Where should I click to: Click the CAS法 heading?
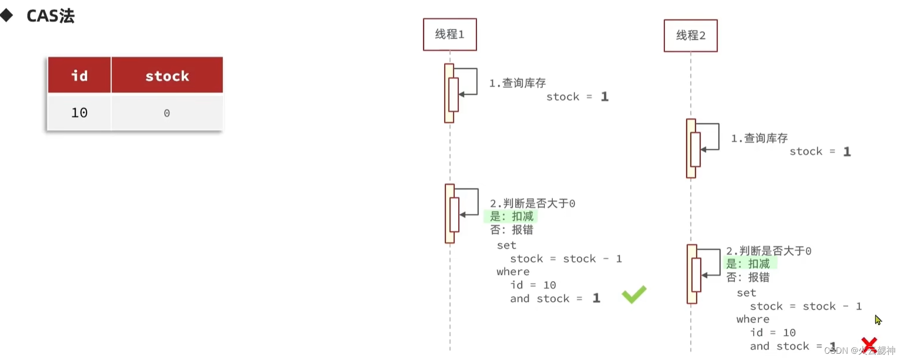point(50,16)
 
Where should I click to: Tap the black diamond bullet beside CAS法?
point(6,15)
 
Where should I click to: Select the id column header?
point(79,76)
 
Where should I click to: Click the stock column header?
point(167,76)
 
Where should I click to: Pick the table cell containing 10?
point(79,113)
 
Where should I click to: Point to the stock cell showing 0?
point(167,113)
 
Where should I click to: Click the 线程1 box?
point(449,34)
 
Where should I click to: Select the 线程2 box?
point(690,35)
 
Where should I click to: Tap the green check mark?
point(634,294)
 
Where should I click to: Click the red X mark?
point(869,344)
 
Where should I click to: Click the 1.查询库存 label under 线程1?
point(517,83)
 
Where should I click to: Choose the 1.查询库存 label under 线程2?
point(759,138)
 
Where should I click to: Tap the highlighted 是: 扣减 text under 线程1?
point(512,217)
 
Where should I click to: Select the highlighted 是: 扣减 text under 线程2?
point(748,264)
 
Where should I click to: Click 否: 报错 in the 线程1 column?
point(512,230)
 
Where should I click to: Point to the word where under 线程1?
point(513,272)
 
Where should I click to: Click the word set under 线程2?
point(746,293)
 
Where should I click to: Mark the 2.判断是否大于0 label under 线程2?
point(768,251)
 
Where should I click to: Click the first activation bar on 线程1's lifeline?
point(448,93)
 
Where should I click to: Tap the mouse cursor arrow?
point(878,319)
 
